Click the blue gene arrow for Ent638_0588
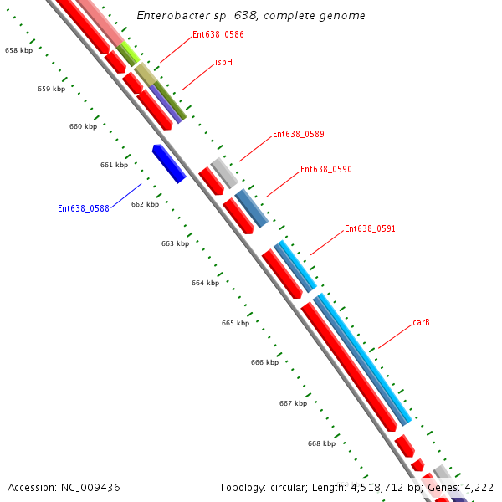[x=169, y=163]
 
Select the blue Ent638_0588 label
[x=84, y=208]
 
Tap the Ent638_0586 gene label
[x=218, y=34]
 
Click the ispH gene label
[x=223, y=62]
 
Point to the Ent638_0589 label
[x=299, y=134]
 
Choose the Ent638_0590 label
[x=326, y=169]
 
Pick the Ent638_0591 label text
[x=370, y=228]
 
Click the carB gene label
[x=421, y=322]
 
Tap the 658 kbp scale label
[x=18, y=50]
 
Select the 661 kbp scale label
[x=114, y=165]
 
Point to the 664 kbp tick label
[x=205, y=283]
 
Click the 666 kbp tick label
[x=264, y=362]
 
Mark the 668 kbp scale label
[x=321, y=443]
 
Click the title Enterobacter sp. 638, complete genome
[x=251, y=16]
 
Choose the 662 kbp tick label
[x=145, y=204]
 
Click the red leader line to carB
[x=393, y=337]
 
